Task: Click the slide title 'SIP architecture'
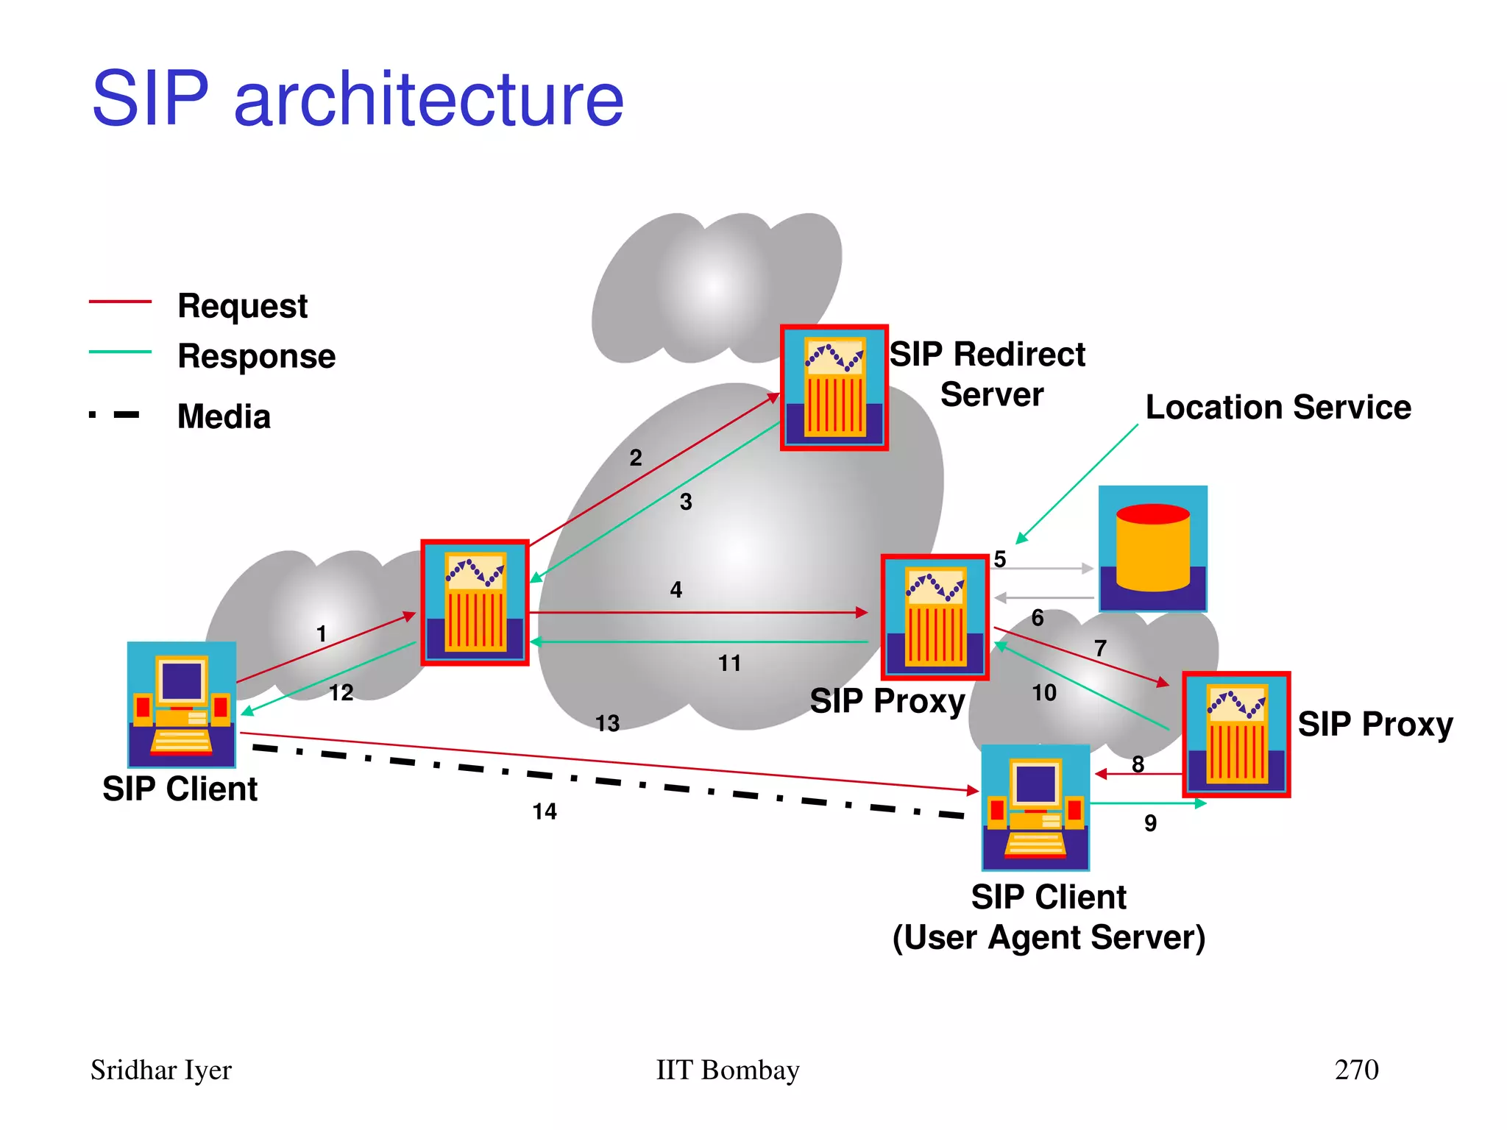click(358, 99)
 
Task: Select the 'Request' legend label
click(242, 305)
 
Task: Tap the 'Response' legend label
click(256, 356)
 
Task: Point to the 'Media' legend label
click(224, 416)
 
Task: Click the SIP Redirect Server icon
click(834, 388)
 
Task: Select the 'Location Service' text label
click(1278, 407)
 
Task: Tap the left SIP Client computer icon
click(182, 705)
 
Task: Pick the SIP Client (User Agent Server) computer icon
click(1035, 807)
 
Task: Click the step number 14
click(545, 811)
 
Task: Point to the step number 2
click(636, 458)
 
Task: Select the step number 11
click(729, 664)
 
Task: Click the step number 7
click(1100, 648)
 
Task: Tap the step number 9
click(1150, 823)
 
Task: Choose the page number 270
click(1356, 1070)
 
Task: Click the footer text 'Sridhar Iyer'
click(160, 1070)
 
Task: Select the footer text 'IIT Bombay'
click(727, 1070)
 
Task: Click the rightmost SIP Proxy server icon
click(1236, 734)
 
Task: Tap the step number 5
click(999, 559)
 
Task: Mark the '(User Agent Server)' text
click(1049, 938)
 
